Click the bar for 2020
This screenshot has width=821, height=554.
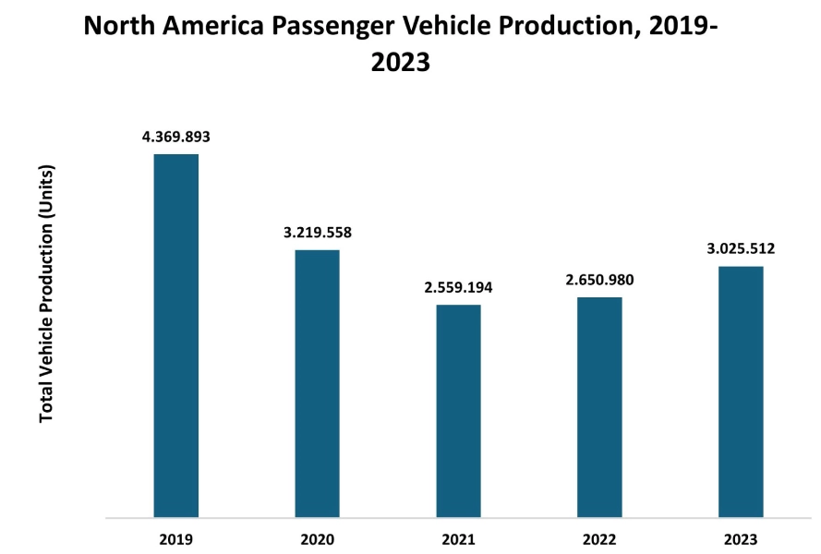317,383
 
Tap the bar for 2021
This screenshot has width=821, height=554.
458,411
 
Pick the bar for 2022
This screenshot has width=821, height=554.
599,407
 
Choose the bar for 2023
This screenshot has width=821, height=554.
741,391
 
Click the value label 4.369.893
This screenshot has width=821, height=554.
175,137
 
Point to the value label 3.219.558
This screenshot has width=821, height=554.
317,233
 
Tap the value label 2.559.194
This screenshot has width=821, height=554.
458,287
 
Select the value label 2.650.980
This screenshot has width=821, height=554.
599,280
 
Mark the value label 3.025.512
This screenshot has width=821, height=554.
741,248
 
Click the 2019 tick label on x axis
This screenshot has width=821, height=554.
175,538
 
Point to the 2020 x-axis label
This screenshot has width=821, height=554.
317,538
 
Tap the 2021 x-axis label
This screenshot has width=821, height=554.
458,538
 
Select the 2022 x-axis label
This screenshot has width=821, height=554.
599,538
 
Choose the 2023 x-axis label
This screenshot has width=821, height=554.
741,538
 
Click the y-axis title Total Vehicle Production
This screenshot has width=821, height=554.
47,294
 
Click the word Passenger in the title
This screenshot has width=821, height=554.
332,26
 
